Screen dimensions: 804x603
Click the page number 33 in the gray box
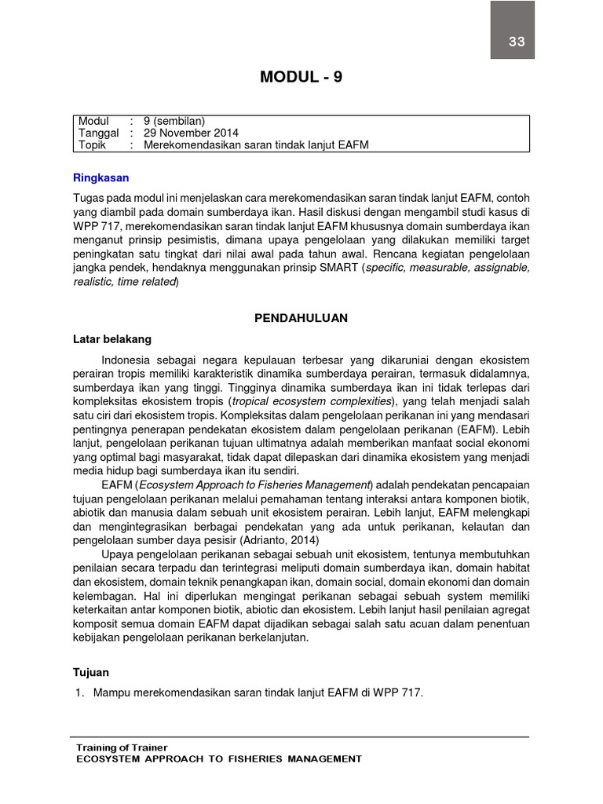coord(516,42)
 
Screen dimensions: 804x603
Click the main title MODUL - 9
coord(301,77)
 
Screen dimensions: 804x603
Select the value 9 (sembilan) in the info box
coord(174,121)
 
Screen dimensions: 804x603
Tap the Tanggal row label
coord(98,133)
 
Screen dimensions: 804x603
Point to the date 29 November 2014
coord(191,133)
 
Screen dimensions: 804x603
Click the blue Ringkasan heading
coord(100,178)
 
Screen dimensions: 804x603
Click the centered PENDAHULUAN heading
coord(301,318)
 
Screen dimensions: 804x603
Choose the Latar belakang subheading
coord(111,339)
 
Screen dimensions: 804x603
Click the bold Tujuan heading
coord(91,673)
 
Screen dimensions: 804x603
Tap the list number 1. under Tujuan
coord(79,693)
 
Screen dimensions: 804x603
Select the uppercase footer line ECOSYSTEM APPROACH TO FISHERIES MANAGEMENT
coord(218,759)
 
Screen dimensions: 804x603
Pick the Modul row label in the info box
coord(93,121)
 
